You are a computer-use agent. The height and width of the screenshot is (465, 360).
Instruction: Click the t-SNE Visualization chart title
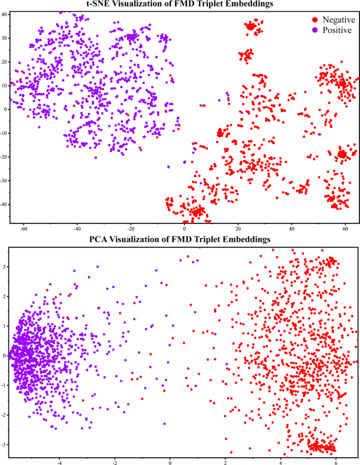tap(181, 5)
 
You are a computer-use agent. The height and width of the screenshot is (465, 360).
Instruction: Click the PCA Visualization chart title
tap(180, 240)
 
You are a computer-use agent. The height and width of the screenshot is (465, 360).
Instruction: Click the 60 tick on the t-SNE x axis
tap(346, 229)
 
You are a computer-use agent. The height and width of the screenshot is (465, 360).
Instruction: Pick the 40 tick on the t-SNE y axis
tap(4, 14)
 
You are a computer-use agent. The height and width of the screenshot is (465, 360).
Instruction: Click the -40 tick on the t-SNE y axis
tap(4, 204)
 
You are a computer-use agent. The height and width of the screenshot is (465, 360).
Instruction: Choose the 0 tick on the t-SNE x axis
tap(184, 229)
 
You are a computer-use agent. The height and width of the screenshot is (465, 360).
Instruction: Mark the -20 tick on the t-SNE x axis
tap(130, 229)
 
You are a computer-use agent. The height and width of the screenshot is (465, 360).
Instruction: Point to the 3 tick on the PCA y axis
tap(4, 266)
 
